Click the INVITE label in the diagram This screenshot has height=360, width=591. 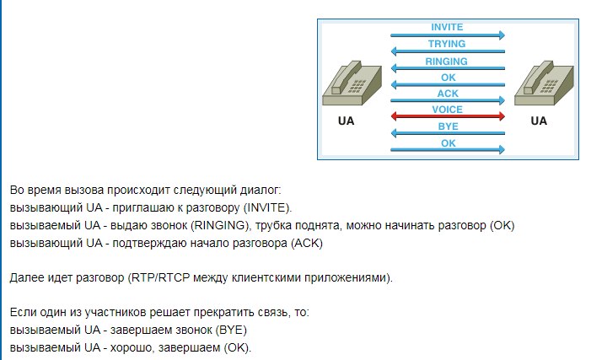[x=447, y=27]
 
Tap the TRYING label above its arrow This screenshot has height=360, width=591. [x=447, y=44]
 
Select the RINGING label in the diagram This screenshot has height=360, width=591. [x=446, y=61]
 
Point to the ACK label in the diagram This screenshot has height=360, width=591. [x=448, y=93]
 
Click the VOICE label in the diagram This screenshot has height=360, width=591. [x=448, y=110]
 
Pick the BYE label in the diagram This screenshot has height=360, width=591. [x=449, y=126]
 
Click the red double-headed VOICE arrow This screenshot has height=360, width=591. [x=448, y=116]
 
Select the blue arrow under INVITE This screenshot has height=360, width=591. [x=448, y=35]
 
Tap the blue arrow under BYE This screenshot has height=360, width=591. [x=448, y=133]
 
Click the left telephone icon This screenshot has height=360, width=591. [x=352, y=83]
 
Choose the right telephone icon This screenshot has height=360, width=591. [x=544, y=83]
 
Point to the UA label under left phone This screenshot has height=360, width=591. [x=346, y=121]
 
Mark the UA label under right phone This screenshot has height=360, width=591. [x=539, y=121]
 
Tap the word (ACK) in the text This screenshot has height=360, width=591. [x=307, y=243]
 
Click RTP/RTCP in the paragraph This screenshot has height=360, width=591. [x=158, y=278]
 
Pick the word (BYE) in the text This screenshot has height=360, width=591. [x=231, y=330]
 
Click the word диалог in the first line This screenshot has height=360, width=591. [x=261, y=190]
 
